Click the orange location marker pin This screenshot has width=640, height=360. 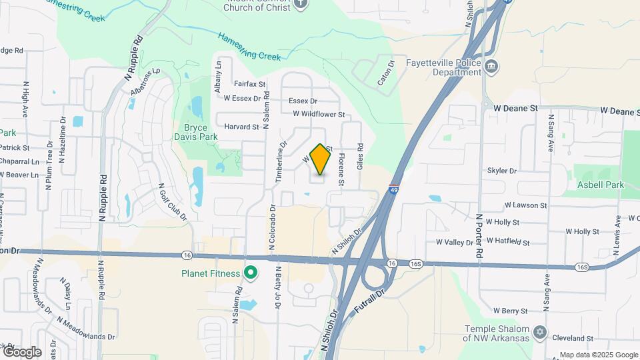tap(321, 159)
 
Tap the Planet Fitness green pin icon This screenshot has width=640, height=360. tap(251, 272)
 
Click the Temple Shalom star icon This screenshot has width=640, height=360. tap(540, 331)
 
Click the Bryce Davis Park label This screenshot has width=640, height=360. tap(201, 131)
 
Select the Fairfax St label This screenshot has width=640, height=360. tap(250, 84)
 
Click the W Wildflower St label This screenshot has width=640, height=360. tap(319, 114)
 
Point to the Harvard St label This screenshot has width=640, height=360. tap(241, 127)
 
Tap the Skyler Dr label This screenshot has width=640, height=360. tap(502, 171)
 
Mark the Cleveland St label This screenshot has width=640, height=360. tap(576, 339)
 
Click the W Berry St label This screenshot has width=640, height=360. tap(510, 311)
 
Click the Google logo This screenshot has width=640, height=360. tap(21, 352)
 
